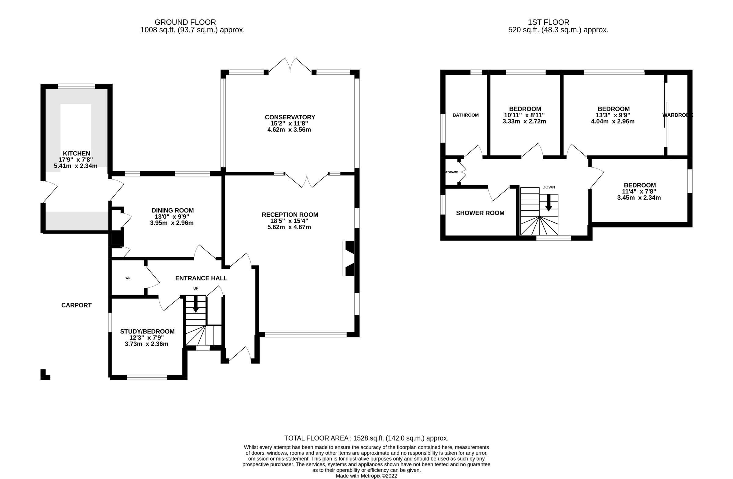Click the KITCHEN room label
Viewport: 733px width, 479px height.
point(76,153)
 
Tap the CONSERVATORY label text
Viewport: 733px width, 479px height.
point(290,117)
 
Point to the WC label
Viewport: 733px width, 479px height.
point(128,278)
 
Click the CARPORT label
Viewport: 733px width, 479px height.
point(76,305)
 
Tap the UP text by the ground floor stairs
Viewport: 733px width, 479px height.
point(195,288)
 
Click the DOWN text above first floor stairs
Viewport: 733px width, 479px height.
point(549,187)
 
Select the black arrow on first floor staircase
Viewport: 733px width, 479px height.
point(549,203)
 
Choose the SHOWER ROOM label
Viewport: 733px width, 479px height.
point(480,213)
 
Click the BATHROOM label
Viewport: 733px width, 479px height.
point(465,115)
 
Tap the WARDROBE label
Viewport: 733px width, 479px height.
point(677,115)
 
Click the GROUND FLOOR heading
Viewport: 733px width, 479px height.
point(185,22)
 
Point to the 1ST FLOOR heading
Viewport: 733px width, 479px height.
point(549,22)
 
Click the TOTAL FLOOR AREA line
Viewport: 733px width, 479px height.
point(366,438)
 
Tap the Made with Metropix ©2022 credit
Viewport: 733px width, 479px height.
point(366,476)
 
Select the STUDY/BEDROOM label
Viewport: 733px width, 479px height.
point(147,332)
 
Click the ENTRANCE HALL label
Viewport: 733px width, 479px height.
point(201,278)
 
